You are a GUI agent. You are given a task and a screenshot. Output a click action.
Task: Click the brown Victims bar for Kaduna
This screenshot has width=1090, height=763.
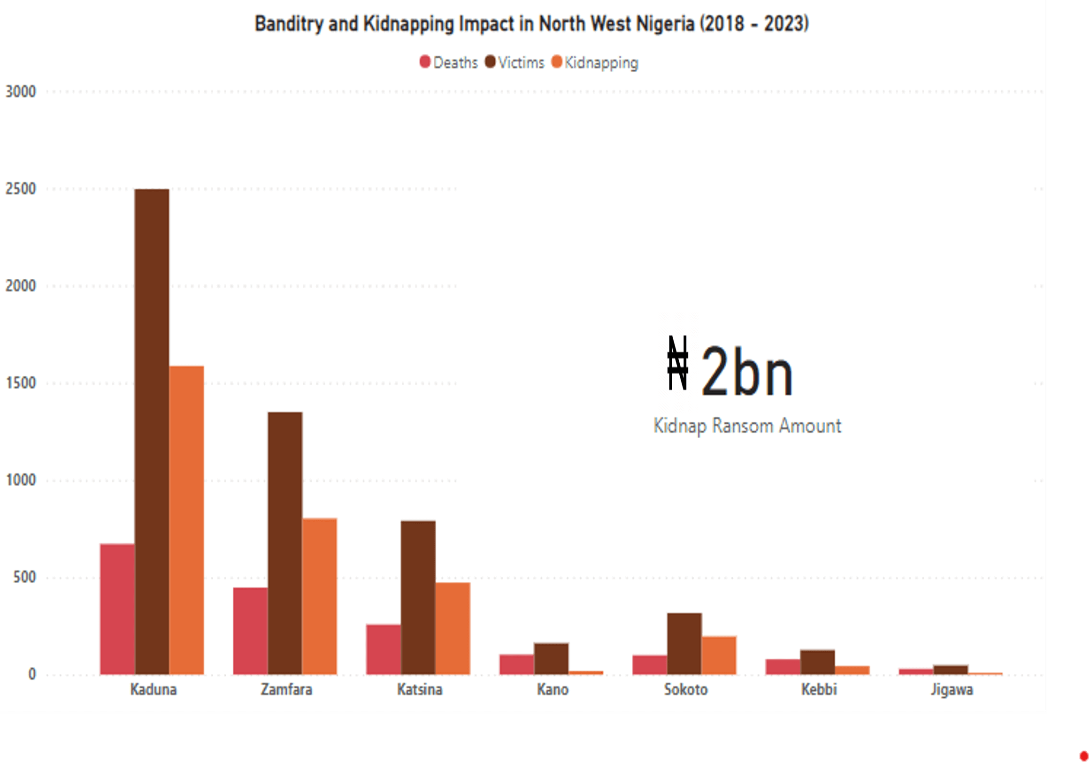(152, 432)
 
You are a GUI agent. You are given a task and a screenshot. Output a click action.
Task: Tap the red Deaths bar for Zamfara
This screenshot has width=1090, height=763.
(250, 631)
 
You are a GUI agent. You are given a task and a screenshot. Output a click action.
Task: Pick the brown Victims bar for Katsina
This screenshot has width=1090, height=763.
(418, 598)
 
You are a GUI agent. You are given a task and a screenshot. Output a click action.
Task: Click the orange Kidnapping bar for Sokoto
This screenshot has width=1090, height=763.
(719, 655)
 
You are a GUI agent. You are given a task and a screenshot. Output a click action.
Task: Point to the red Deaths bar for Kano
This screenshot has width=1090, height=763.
(516, 664)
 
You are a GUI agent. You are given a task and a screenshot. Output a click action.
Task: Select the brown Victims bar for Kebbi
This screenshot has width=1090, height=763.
(818, 663)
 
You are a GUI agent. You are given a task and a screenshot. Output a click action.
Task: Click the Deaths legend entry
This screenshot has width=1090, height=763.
(449, 62)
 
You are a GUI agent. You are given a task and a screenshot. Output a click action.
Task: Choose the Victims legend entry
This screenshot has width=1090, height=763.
(514, 62)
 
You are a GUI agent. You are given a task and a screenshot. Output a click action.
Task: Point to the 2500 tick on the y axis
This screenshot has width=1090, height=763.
(21, 189)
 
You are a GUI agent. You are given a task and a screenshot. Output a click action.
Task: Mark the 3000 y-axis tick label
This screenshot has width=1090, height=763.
(21, 92)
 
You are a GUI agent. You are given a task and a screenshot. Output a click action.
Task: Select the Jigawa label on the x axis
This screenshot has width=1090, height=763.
(952, 689)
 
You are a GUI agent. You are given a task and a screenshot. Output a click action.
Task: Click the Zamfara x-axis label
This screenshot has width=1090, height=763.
(286, 689)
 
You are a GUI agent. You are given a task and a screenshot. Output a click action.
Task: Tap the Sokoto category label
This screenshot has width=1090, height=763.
(685, 689)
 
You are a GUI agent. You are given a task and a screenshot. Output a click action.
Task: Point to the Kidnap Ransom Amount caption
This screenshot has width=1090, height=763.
(747, 426)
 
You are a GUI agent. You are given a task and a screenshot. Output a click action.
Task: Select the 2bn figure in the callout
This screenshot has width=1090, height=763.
(746, 371)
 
